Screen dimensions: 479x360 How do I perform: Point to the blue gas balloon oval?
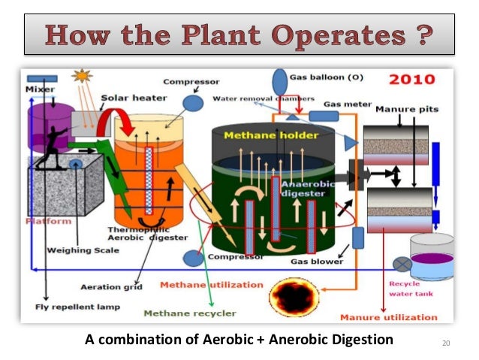point(280,80)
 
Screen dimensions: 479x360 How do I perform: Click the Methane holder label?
point(276,135)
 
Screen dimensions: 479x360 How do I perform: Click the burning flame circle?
point(296,296)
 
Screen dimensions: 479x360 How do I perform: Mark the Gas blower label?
point(317,262)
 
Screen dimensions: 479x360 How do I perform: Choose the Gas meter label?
point(345,104)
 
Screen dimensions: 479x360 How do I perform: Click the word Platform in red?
point(48,221)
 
